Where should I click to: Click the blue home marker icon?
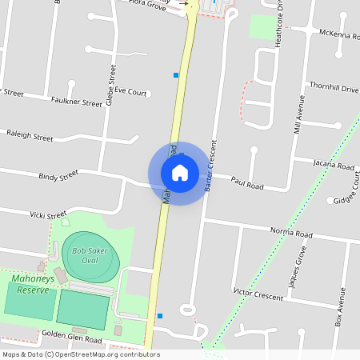pyautogui.click(x=179, y=172)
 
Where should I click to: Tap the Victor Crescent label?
pyautogui.click(x=258, y=296)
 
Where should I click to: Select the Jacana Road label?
pyautogui.click(x=334, y=166)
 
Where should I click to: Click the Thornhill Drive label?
pyautogui.click(x=334, y=88)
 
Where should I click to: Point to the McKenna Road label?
pyautogui.click(x=339, y=35)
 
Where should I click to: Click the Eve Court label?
pyautogui.click(x=130, y=91)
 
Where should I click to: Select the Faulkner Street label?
pyautogui.click(x=76, y=102)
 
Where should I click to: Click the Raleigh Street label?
pyautogui.click(x=30, y=137)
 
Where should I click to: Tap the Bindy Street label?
pyautogui.click(x=58, y=174)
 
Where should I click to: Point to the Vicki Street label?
pyautogui.click(x=47, y=215)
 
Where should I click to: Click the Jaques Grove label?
pyautogui.click(x=297, y=267)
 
